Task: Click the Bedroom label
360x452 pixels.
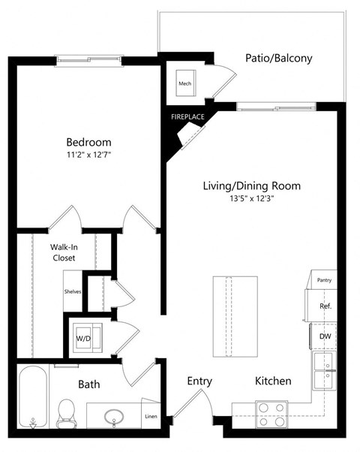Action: pos(88,143)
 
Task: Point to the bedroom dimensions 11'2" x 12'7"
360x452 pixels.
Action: pos(88,155)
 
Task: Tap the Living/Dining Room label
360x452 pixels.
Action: pos(252,185)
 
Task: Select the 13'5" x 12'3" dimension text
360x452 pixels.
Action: pos(252,199)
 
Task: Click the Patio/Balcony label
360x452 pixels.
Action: pos(279,58)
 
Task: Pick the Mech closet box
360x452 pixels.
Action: pos(185,84)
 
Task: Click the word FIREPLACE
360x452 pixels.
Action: pos(187,118)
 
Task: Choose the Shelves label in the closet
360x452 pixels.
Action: pos(73,291)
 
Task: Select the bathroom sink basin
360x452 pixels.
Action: pos(115,416)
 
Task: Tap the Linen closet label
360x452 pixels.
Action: pos(151,417)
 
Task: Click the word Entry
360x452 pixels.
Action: pos(199,381)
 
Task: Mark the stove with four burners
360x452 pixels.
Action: pos(272,414)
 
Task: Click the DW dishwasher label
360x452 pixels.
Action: pos(325,337)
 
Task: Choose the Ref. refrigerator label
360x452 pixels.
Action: pos(325,306)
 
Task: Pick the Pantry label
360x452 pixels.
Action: pos(324,280)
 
